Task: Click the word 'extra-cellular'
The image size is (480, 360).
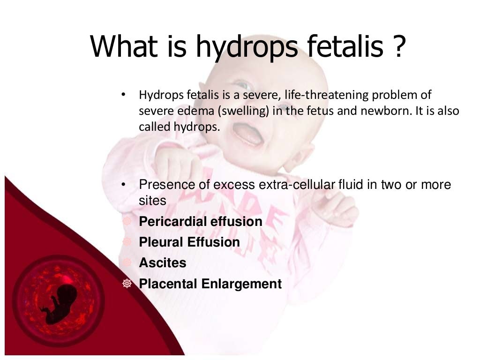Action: tap(297, 185)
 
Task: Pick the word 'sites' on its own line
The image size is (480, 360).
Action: tap(152, 201)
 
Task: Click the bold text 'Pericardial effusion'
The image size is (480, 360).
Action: tap(201, 221)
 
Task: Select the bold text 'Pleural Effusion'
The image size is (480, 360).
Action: tap(189, 242)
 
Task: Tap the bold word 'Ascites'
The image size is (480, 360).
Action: tap(162, 262)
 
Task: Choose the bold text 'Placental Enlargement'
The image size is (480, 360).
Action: tap(210, 284)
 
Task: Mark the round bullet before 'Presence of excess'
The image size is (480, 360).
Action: tap(123, 185)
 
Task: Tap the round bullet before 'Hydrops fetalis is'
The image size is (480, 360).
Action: tap(123, 96)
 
